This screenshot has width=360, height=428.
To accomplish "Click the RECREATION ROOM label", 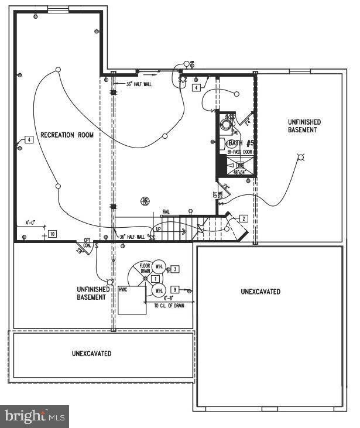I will (x=67, y=135).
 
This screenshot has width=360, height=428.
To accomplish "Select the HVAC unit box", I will (x=131, y=300).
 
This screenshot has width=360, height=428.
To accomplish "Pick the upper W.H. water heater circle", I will (x=159, y=266).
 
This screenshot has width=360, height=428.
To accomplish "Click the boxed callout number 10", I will (x=52, y=234).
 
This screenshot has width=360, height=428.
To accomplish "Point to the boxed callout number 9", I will (x=174, y=289).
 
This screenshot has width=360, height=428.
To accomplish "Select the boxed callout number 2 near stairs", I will (x=244, y=218).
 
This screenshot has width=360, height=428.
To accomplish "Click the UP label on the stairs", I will (x=158, y=230).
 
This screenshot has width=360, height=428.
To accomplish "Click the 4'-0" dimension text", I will (x=30, y=222).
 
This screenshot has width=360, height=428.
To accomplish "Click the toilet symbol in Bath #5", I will (x=225, y=124).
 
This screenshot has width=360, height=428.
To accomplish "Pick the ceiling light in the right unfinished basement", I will (x=301, y=157).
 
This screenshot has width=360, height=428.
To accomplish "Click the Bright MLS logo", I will (x=35, y=416).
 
